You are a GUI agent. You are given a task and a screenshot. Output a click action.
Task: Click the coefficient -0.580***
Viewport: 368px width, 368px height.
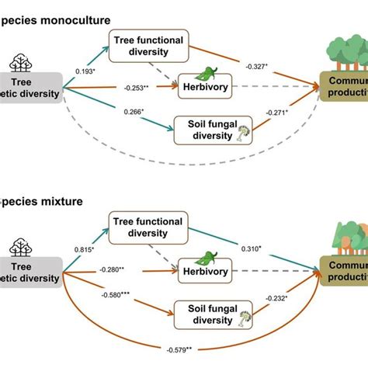pos(113,295)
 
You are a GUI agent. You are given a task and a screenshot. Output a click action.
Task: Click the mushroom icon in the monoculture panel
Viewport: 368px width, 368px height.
pos(242,133)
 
